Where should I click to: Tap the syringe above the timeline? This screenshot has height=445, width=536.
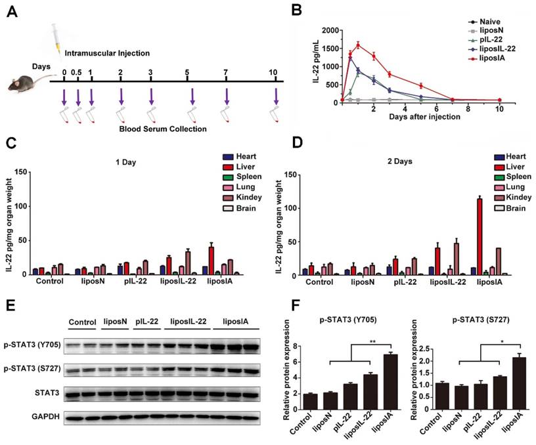[x=56, y=39]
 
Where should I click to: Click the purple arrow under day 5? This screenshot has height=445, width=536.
[x=192, y=96]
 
